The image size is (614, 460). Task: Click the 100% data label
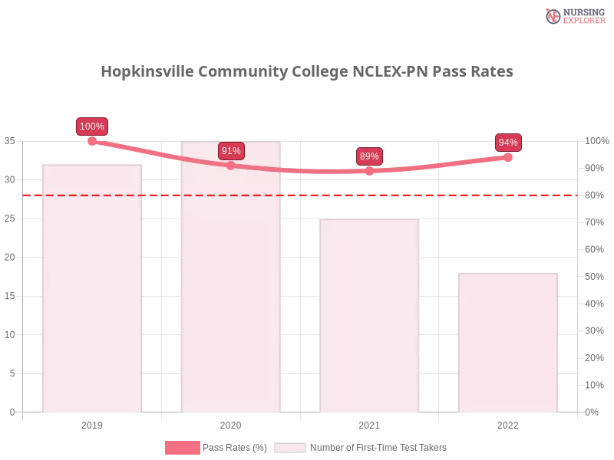tap(92, 127)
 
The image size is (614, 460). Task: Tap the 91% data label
tap(231, 151)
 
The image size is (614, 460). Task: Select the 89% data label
tap(369, 156)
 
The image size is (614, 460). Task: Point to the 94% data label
tap(508, 143)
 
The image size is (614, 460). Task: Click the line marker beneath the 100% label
tap(92, 141)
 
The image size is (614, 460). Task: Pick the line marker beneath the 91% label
tap(231, 165)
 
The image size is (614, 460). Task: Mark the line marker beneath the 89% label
tap(369, 171)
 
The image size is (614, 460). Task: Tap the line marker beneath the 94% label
tap(508, 156)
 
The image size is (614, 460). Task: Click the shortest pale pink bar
tap(507, 345)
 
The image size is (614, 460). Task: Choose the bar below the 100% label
tap(92, 291)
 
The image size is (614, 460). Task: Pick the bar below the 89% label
tap(371, 318)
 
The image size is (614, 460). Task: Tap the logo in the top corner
tap(573, 16)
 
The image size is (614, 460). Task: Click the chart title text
tap(307, 71)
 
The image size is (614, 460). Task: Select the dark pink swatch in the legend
tap(182, 448)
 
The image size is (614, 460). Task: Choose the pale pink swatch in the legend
tap(290, 448)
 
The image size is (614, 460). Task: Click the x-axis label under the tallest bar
tap(230, 423)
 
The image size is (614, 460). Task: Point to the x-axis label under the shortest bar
tap(508, 423)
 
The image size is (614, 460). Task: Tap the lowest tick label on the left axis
tap(11, 412)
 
